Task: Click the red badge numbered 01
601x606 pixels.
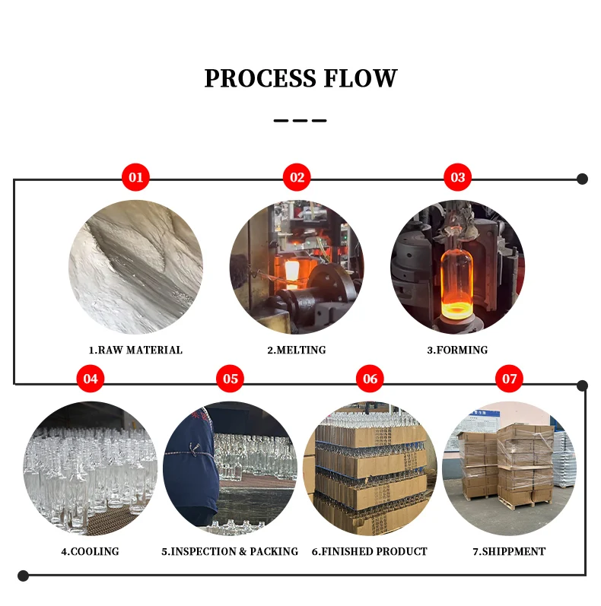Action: (x=135, y=177)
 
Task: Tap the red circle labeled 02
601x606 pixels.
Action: (x=297, y=177)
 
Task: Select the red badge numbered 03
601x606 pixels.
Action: (x=457, y=177)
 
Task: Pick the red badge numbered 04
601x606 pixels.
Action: (x=91, y=379)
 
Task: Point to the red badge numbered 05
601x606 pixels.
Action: (x=230, y=379)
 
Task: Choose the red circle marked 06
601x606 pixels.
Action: (x=370, y=379)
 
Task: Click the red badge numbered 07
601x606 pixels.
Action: (x=510, y=379)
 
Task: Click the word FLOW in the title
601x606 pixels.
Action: (x=361, y=78)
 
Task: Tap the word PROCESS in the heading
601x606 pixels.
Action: (x=260, y=78)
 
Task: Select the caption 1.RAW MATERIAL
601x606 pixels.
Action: (x=135, y=351)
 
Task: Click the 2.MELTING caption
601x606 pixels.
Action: (x=297, y=351)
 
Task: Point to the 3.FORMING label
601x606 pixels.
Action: (x=457, y=351)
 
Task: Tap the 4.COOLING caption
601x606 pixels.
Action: (x=90, y=551)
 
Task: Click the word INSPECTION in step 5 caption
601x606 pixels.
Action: (x=204, y=551)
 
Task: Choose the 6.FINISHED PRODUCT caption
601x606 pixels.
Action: (x=370, y=551)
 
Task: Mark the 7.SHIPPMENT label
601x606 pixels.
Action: (x=510, y=551)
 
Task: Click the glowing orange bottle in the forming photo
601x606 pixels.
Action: (x=456, y=278)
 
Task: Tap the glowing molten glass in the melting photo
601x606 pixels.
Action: (x=292, y=271)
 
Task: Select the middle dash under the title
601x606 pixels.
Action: (x=300, y=121)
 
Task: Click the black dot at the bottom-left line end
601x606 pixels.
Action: (x=24, y=576)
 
